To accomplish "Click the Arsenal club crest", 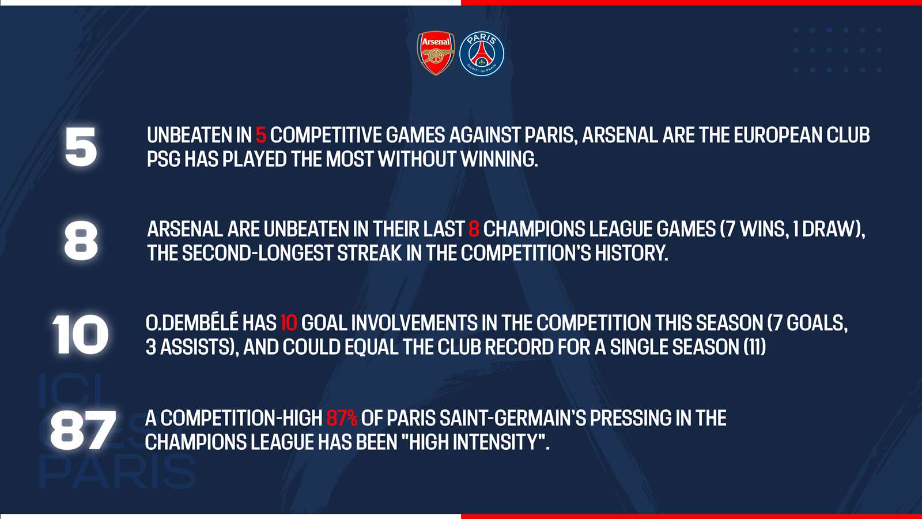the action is pyautogui.click(x=436, y=53).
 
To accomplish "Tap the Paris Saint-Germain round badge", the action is pyautogui.click(x=482, y=54).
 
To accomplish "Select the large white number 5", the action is pyautogui.click(x=81, y=146).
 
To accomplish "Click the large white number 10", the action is pyautogui.click(x=80, y=334).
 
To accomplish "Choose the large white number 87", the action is pyautogui.click(x=83, y=430).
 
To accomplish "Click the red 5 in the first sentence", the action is pyautogui.click(x=261, y=135).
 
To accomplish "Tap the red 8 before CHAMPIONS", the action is pyautogui.click(x=474, y=229).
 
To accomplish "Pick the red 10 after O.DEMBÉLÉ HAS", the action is pyautogui.click(x=289, y=323).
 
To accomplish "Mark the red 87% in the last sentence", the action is pyautogui.click(x=342, y=418).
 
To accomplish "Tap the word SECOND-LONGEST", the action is pyautogui.click(x=257, y=253).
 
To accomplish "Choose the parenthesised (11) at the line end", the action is pyautogui.click(x=755, y=347).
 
